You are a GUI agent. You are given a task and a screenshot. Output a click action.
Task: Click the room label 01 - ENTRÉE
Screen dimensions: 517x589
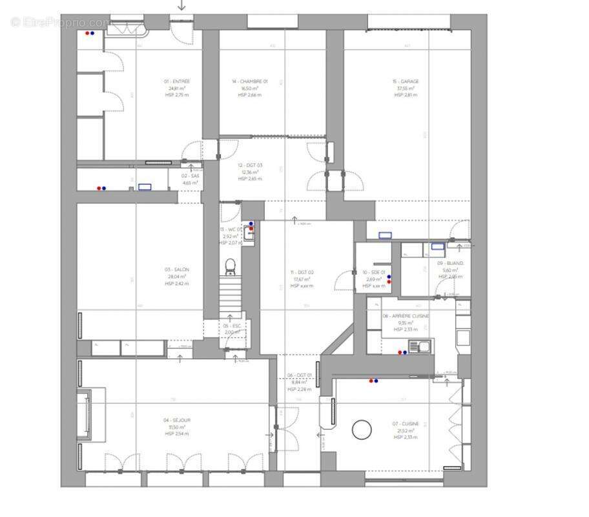(x=177, y=82)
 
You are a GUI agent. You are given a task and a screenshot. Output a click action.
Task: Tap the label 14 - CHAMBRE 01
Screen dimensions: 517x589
(x=249, y=82)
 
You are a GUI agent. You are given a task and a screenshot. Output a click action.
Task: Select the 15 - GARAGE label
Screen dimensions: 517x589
(x=406, y=82)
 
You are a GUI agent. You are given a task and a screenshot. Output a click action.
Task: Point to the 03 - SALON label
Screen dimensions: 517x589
(x=177, y=269)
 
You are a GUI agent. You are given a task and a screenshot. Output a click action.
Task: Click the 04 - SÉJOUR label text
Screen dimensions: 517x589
(x=177, y=420)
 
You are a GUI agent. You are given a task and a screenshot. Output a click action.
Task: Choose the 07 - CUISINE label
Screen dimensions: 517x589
(x=404, y=424)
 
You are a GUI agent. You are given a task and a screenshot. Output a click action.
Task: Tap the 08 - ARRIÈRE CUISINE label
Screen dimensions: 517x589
(x=406, y=316)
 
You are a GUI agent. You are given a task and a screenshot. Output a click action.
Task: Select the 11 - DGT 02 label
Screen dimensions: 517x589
(x=302, y=273)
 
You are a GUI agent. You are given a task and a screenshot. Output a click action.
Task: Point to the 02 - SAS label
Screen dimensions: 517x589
(x=190, y=176)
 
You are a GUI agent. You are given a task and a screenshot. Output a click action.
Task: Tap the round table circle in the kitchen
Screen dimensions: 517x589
(x=362, y=430)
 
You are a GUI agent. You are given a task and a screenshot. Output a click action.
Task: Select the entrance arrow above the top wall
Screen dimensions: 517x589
(x=181, y=5)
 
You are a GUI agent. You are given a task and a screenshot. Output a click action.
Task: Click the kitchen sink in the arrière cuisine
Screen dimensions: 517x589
(x=423, y=347)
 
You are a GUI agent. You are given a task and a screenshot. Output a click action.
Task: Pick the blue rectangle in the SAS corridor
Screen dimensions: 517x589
(x=145, y=187)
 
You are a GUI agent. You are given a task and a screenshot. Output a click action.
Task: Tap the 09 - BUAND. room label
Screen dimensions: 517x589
(x=450, y=264)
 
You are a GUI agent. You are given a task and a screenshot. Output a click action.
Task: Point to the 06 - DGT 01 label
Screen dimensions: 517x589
(x=300, y=375)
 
